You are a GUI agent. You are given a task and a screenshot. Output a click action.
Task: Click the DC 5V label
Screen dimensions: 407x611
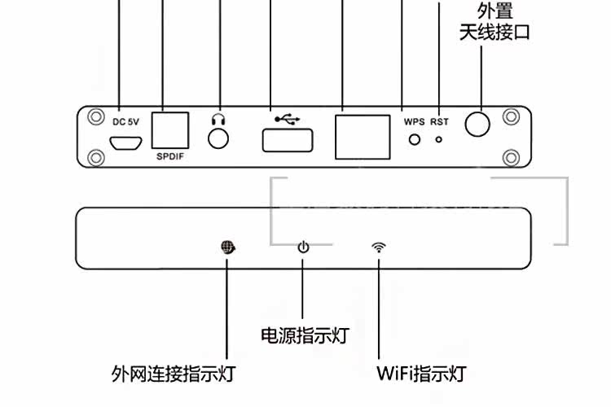click(x=125, y=122)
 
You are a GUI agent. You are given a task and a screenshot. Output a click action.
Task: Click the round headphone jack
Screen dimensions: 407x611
click(x=218, y=138)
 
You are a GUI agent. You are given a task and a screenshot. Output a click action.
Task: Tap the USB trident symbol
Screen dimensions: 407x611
click(x=287, y=119)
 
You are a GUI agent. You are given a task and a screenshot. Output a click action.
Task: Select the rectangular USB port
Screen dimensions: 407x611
click(x=287, y=141)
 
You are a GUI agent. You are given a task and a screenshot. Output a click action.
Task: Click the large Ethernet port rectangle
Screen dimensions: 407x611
click(x=362, y=135)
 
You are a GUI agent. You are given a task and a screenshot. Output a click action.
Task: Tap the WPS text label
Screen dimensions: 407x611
click(x=415, y=122)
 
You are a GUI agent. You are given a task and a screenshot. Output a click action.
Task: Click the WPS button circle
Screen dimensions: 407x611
click(x=415, y=139)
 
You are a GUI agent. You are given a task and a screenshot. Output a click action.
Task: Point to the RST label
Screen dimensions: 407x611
click(x=440, y=122)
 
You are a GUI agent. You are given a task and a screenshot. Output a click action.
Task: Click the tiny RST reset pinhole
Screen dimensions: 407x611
click(x=440, y=139)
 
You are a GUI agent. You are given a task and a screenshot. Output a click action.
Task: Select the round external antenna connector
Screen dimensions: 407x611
click(x=478, y=124)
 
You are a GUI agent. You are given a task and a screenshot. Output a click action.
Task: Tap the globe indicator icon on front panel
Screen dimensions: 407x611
click(x=227, y=247)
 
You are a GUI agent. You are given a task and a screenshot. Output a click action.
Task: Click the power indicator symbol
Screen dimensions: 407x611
click(x=303, y=247)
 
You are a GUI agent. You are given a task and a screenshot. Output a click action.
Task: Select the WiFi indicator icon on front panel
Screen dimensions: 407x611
click(x=379, y=247)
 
